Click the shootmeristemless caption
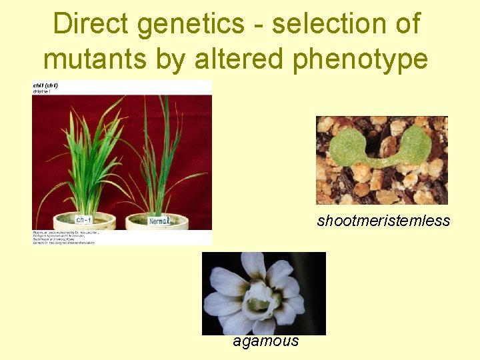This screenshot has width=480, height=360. click(x=383, y=221)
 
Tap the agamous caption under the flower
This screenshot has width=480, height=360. click(x=265, y=341)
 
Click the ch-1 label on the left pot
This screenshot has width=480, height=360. click(x=84, y=221)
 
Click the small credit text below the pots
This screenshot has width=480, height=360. click(x=63, y=237)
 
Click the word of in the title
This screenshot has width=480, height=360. click(x=406, y=25)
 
